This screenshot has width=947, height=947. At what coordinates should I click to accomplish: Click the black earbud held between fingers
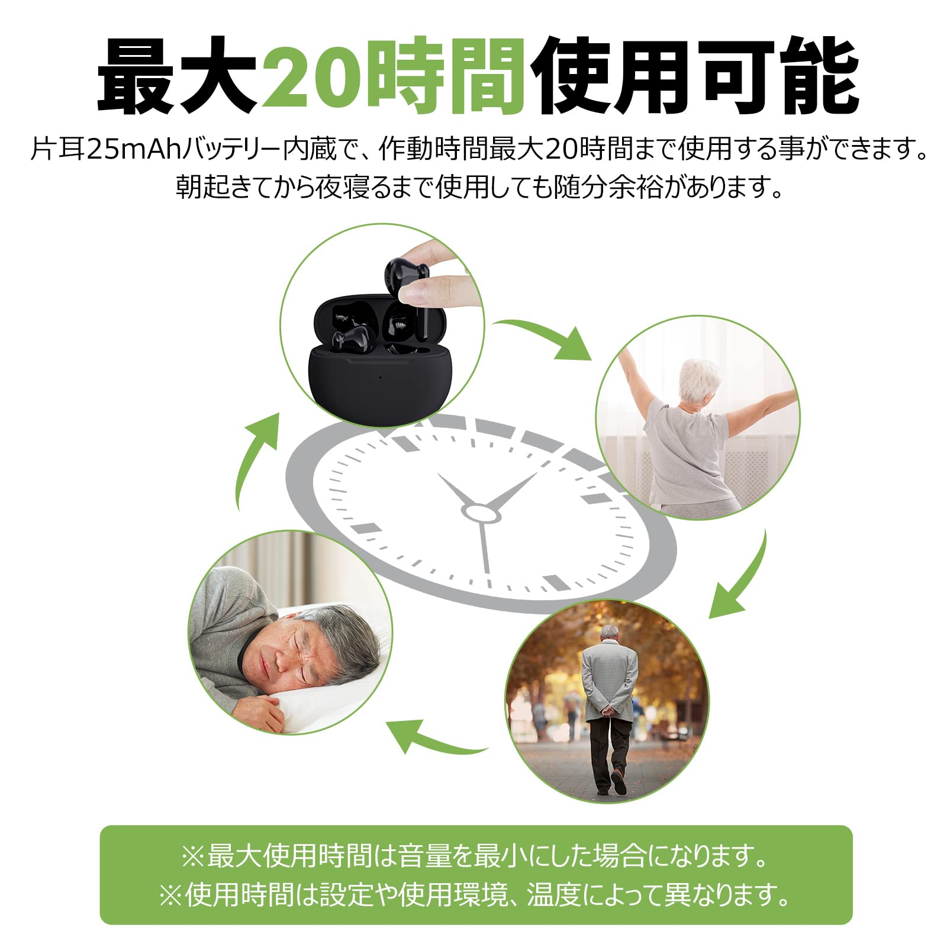coord(399,278)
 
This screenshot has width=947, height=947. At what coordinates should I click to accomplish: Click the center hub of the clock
coord(480,513)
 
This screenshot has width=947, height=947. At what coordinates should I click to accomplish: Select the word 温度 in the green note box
coord(553,894)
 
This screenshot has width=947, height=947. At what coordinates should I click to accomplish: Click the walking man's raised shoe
coord(619,782)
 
